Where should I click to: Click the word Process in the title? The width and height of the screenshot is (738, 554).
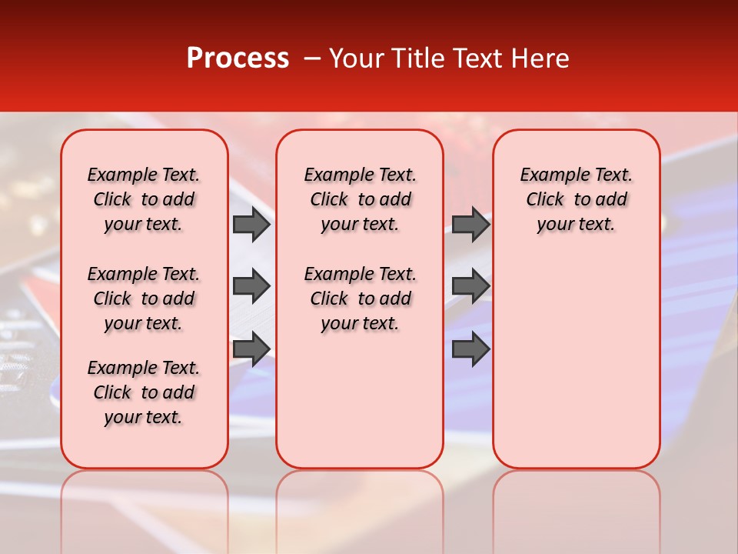[x=238, y=58]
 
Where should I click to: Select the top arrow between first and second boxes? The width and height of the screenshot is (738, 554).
[x=251, y=224]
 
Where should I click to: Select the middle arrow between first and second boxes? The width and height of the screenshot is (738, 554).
[x=251, y=286]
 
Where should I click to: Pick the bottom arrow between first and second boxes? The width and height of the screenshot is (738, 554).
[x=251, y=349]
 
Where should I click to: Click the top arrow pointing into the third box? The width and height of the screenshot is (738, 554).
[x=470, y=224]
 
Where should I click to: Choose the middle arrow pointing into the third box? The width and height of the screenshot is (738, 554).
[x=470, y=286]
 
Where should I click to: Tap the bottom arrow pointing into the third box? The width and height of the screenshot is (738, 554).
[x=470, y=349]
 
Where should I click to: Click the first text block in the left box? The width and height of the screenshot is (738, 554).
[x=144, y=199]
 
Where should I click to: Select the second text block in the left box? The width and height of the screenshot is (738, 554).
[x=144, y=299]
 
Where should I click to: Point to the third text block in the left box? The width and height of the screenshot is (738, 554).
[x=144, y=392]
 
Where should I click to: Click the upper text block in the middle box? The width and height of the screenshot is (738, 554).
[x=360, y=199]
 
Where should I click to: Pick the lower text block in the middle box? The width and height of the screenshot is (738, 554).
[x=360, y=299]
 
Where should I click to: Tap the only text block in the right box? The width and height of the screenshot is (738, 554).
[x=576, y=199]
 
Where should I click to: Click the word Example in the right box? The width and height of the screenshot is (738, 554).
[x=550, y=175]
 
